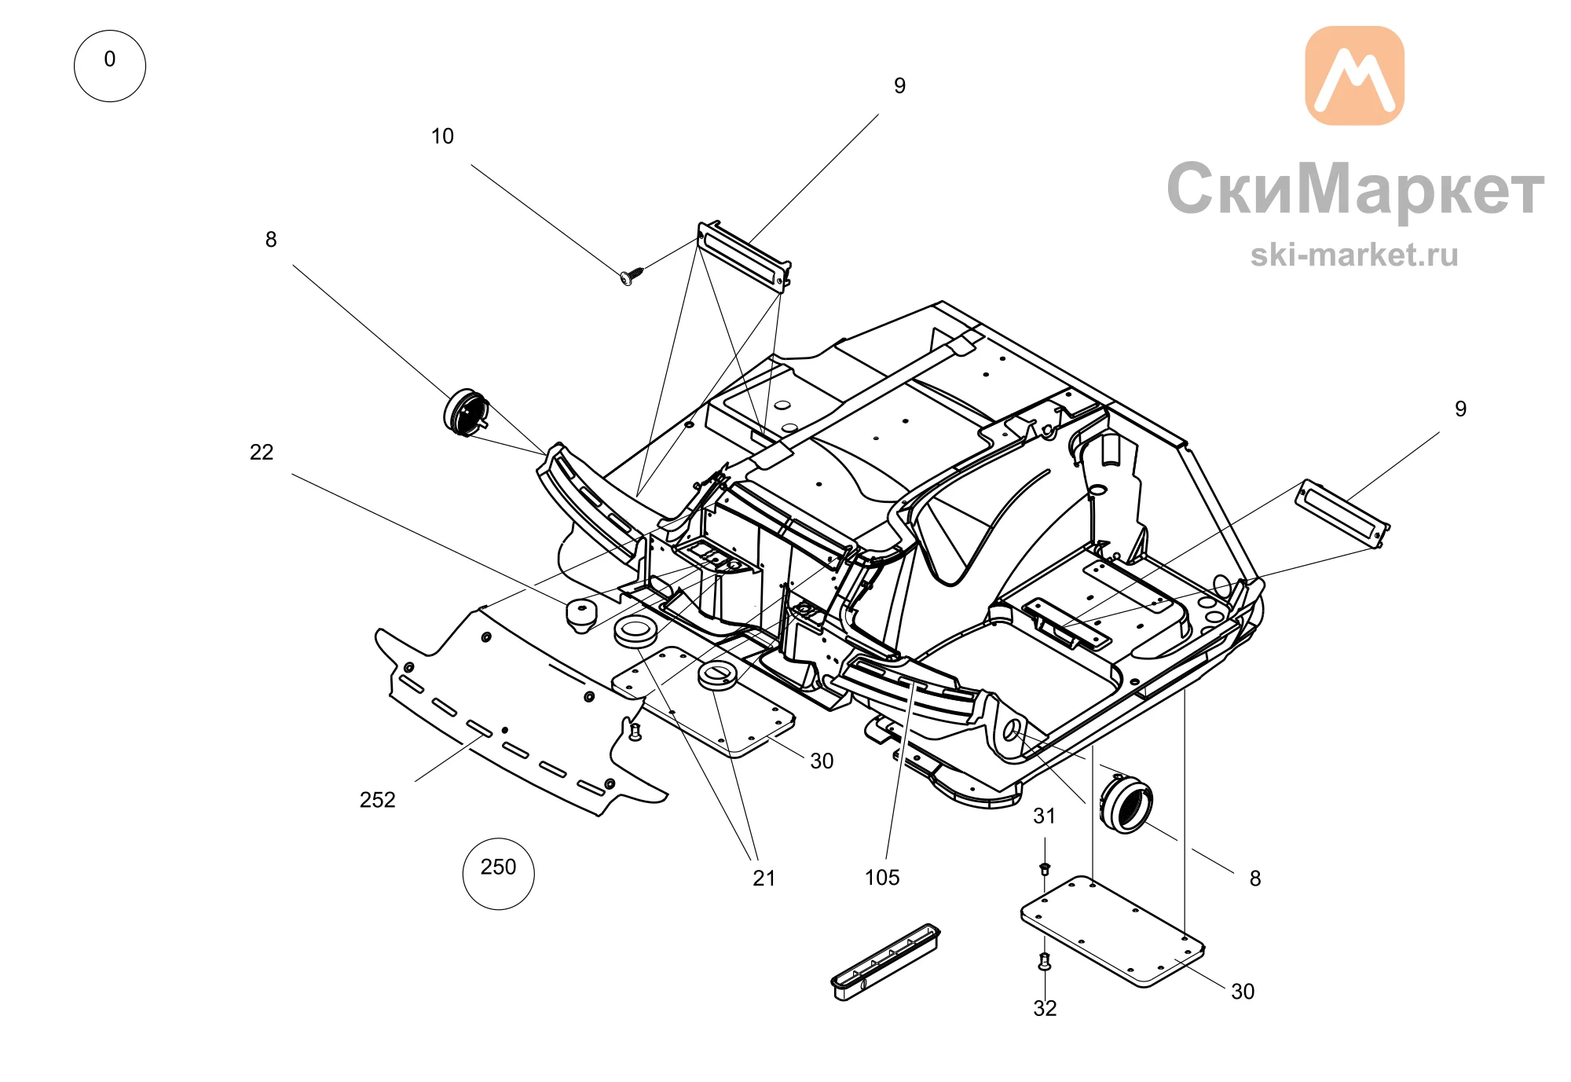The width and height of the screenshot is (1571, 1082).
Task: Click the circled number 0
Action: pos(109,65)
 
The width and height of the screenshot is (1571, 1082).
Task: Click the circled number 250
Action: pos(498,873)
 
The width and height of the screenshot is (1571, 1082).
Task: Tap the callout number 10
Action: pos(442,136)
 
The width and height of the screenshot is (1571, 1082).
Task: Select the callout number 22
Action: pos(262,452)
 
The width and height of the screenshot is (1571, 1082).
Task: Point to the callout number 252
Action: pos(377,799)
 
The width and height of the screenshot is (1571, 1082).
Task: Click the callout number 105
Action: pos(882,877)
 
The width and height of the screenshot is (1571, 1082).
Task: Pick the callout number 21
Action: pos(764,878)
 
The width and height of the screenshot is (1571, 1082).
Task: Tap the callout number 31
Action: pos(1044,816)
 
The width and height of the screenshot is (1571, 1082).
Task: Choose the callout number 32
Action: pos(1045,1008)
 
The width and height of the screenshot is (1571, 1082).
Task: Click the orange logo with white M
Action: pos(1354,75)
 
